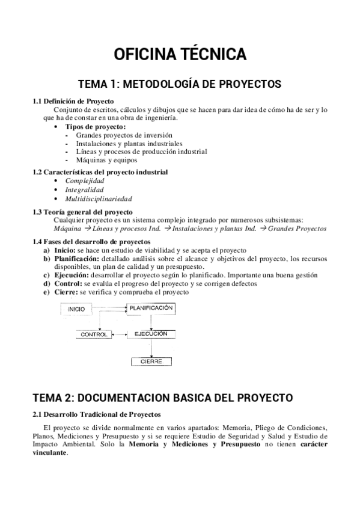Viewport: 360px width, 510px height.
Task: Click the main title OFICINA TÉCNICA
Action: (180, 54)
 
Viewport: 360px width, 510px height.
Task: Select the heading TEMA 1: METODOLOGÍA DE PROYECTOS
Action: (180, 84)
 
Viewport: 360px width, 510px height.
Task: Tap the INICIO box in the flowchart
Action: (80, 309)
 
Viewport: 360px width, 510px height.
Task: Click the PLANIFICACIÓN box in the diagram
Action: (150, 308)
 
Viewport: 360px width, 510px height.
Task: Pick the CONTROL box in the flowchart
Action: (93, 334)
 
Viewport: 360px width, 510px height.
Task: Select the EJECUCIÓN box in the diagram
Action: (151, 333)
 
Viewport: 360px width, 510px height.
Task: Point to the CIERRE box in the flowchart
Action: (151, 361)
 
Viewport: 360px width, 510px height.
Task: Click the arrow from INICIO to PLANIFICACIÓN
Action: (112, 308)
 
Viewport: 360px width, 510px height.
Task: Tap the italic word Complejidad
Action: (85, 180)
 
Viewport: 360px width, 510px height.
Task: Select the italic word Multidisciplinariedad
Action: (99, 198)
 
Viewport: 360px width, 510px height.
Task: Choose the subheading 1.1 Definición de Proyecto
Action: (73, 101)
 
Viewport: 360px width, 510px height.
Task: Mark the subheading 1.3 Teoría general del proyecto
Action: (82, 212)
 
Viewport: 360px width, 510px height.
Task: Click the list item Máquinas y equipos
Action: (107, 160)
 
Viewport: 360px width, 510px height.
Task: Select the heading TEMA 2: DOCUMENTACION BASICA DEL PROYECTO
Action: (162, 398)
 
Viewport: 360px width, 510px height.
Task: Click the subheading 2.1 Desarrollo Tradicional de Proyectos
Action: (96, 414)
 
